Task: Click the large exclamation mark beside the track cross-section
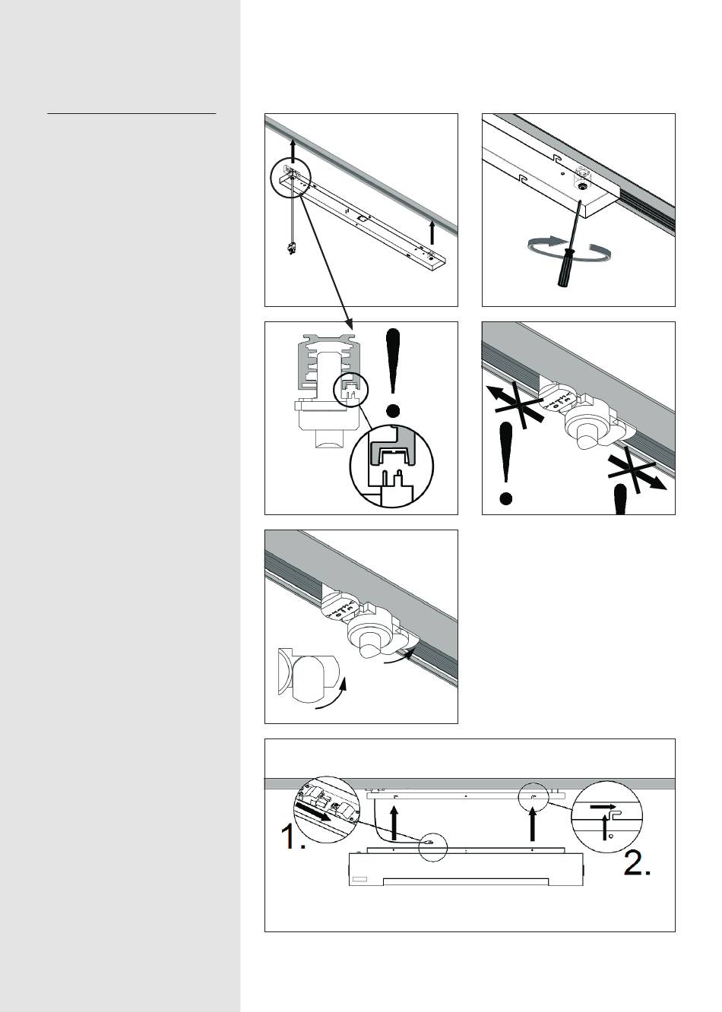pyautogui.click(x=393, y=372)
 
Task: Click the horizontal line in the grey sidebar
pyautogui.click(x=131, y=114)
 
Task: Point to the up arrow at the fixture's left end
pyautogui.click(x=293, y=152)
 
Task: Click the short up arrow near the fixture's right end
pyautogui.click(x=433, y=231)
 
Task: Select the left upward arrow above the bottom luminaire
pyautogui.click(x=394, y=824)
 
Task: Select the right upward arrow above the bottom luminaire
pyautogui.click(x=534, y=824)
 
